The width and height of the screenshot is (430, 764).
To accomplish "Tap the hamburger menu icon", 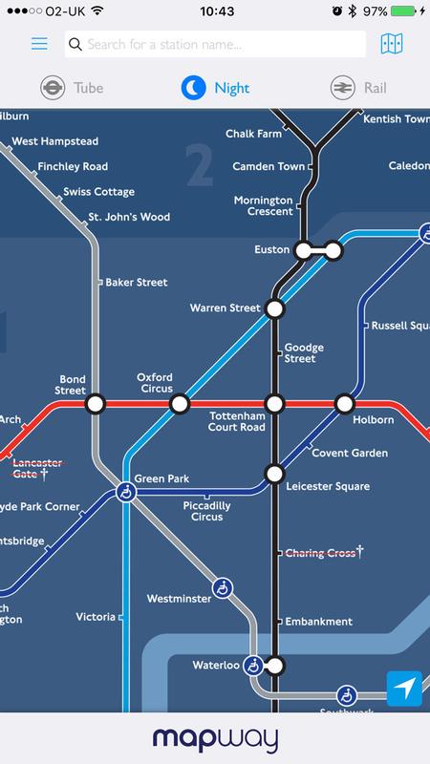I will click(x=39, y=44).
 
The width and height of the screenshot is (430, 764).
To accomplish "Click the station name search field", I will click(x=215, y=44).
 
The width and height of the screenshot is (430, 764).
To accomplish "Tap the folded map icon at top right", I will click(x=391, y=44).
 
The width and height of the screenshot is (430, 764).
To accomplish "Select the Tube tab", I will click(x=72, y=89).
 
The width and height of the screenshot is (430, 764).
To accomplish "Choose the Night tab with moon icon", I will click(x=215, y=89).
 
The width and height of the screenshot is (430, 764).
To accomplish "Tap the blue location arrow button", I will click(x=405, y=690).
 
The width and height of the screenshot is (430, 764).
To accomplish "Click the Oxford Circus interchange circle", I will click(x=179, y=405).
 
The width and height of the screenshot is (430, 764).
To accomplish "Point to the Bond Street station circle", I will click(x=96, y=405).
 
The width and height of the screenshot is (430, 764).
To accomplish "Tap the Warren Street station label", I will click(x=225, y=308).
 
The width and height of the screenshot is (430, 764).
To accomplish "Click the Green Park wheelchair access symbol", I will click(x=124, y=492).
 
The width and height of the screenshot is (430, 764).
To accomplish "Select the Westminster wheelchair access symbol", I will click(x=223, y=587).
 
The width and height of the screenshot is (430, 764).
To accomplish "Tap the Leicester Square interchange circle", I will click(x=275, y=474).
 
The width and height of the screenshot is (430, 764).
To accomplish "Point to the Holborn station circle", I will click(x=344, y=405).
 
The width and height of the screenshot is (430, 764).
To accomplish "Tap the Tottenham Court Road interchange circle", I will click(x=275, y=405).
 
